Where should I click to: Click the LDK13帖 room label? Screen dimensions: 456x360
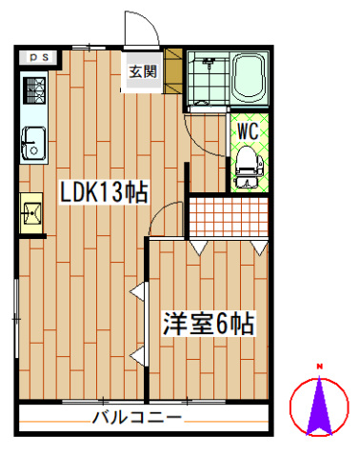pyautogui.click(x=104, y=191)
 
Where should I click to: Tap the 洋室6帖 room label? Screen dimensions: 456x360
pyautogui.click(x=207, y=324)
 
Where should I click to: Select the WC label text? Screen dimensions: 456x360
pyautogui.click(x=249, y=128)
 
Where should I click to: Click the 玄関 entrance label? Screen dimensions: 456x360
pyautogui.click(x=144, y=71)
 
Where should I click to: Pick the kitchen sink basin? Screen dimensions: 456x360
pyautogui.click(x=31, y=142)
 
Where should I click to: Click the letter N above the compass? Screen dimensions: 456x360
pyautogui.click(x=321, y=367)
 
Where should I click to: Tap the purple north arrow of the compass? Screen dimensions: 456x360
pyautogui.click(x=321, y=405)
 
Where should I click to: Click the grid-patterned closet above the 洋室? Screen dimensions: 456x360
pyautogui.click(x=228, y=216)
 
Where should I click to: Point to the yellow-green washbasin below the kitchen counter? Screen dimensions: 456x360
pyautogui.click(x=30, y=211)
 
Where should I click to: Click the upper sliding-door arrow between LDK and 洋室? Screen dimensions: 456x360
pyautogui.click(x=140, y=292)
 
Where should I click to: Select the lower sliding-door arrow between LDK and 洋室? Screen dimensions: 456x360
pyautogui.click(x=140, y=357)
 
